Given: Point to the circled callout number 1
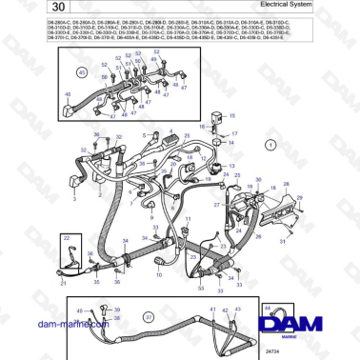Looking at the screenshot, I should point(270,145).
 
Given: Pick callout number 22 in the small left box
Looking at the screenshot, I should point(66,237).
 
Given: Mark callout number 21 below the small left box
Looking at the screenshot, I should point(62,283).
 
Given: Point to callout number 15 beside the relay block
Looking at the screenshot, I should point(201,125).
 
